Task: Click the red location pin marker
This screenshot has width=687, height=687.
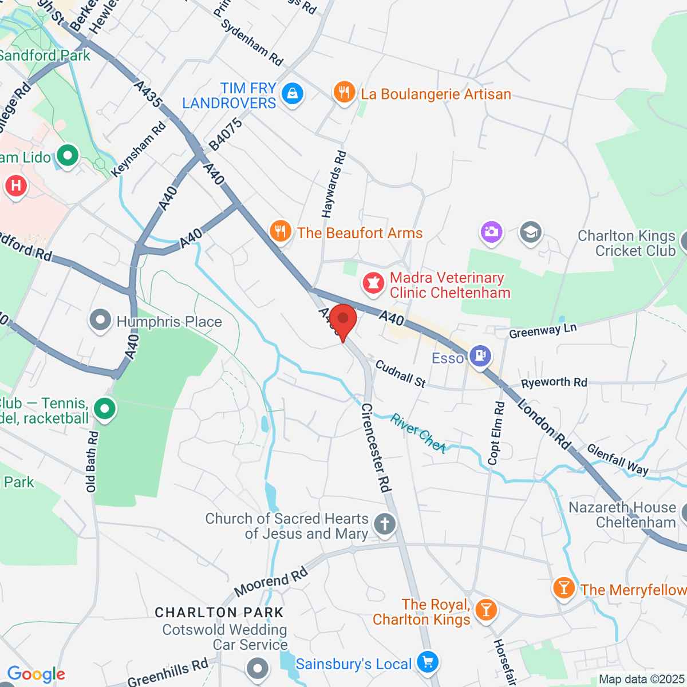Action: click(343, 321)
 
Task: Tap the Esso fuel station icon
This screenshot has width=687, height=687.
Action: click(480, 356)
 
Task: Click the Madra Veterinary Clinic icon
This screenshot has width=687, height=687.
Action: click(373, 283)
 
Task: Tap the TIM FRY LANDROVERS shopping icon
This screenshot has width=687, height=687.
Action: click(293, 93)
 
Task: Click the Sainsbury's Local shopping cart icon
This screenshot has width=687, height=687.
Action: click(428, 662)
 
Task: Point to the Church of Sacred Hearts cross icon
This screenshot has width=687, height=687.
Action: click(385, 524)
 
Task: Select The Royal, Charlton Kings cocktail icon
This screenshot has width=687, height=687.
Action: click(486, 610)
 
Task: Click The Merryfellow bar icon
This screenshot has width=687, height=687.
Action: click(564, 587)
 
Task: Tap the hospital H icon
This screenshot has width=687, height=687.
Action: click(16, 185)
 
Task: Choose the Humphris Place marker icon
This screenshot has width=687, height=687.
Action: click(101, 320)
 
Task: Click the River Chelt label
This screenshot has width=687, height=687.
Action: click(418, 433)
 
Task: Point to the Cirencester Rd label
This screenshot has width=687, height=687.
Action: click(376, 448)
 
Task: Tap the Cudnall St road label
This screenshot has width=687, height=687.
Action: click(401, 373)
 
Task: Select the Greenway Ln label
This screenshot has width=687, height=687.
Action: click(543, 330)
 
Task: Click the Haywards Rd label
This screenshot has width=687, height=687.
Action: click(334, 184)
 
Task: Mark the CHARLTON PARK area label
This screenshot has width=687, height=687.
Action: click(219, 613)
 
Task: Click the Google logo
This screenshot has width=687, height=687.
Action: click(36, 674)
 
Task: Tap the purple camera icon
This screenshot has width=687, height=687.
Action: click(491, 232)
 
